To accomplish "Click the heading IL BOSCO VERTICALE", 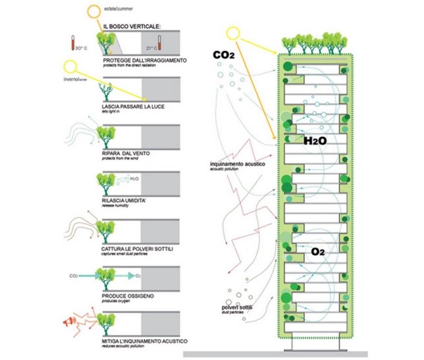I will (x=131, y=26).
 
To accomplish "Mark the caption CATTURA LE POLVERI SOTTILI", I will (x=137, y=248).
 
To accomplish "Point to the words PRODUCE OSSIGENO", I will (x=128, y=295).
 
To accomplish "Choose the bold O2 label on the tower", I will (x=319, y=252).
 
